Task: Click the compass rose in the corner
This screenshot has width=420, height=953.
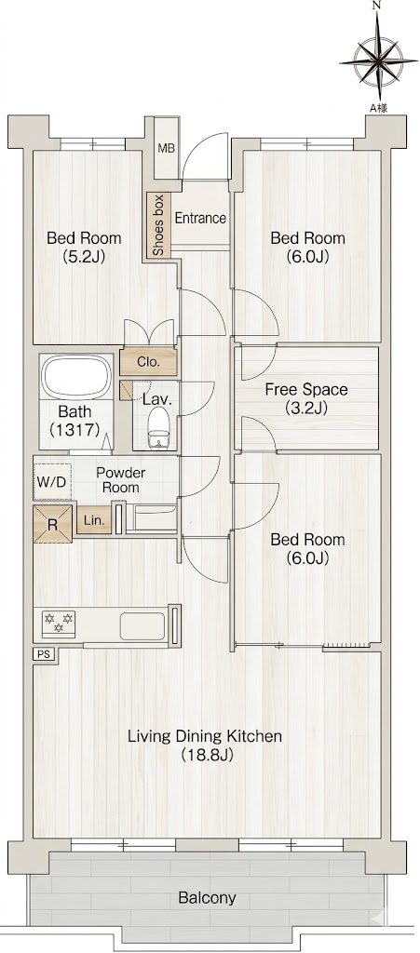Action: pos(378,59)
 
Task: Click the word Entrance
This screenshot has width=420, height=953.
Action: pos(200,218)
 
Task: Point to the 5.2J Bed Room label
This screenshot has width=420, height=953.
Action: pos(84,247)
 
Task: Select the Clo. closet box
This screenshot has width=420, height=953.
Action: pos(148,362)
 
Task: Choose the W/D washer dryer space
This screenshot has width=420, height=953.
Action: pos(52,482)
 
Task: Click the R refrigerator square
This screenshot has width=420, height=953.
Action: pos(53,524)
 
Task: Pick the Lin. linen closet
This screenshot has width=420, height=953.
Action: pos(94,519)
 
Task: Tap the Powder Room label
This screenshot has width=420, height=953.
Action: pos(120,480)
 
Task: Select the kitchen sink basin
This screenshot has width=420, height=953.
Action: pos(142,626)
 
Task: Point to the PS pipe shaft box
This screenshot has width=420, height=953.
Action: pos(44,654)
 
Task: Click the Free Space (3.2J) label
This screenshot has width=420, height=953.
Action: pos(306,398)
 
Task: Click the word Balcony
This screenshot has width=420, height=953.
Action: pos(208,898)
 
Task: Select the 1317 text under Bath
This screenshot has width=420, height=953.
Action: pos(75,430)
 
